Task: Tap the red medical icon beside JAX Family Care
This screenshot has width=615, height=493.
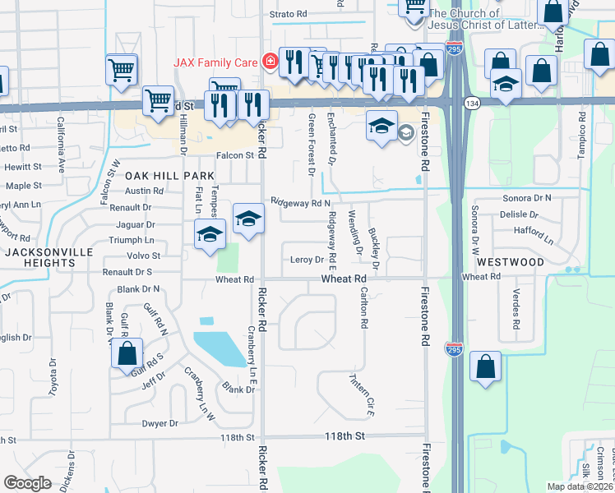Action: [x=268, y=62]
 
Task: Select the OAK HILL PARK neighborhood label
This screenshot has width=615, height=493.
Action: [x=170, y=176]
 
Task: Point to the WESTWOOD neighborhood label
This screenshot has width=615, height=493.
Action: [x=510, y=261]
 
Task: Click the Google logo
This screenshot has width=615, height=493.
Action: [x=28, y=483]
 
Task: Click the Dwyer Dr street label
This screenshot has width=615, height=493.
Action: [x=160, y=424]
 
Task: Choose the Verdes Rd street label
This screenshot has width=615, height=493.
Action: [x=516, y=308]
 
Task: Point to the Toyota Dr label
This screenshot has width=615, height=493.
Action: [x=53, y=377]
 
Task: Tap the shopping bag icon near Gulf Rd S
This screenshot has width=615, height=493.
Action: [x=127, y=356]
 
